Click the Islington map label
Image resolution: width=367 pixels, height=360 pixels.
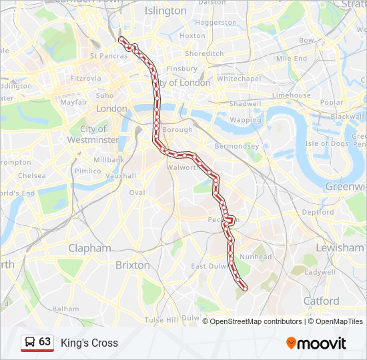(x=165, y=11)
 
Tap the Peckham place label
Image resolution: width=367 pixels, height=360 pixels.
(x=218, y=219)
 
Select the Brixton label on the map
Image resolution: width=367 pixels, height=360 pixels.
(x=133, y=265)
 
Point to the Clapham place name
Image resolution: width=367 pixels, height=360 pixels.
(x=89, y=248)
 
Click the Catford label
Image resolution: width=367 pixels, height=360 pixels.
(x=321, y=301)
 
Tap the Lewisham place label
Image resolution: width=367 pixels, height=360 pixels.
(x=340, y=247)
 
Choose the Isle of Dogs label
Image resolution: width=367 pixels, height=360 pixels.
(x=327, y=143)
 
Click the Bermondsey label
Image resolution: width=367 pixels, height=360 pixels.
(x=236, y=145)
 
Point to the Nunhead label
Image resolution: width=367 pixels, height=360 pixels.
(x=256, y=257)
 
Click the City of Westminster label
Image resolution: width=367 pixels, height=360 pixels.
(x=93, y=134)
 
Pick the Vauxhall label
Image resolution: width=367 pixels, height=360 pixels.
(x=120, y=176)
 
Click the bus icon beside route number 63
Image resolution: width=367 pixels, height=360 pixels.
(x=30, y=343)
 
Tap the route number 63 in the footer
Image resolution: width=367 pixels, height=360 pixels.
(x=45, y=342)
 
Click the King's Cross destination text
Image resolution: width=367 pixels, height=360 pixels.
(x=89, y=343)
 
